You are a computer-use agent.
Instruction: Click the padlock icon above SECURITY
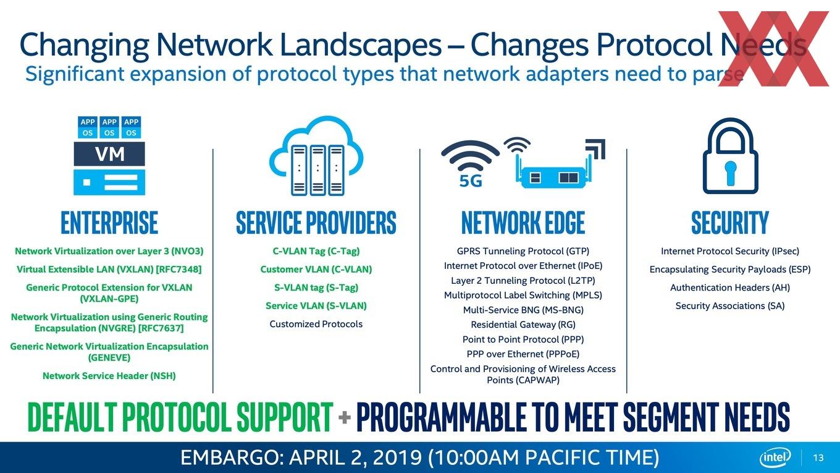click(730, 156)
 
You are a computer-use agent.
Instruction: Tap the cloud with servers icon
click(316, 156)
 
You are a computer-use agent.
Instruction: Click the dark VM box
click(109, 154)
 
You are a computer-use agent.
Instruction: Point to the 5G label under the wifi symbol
click(471, 181)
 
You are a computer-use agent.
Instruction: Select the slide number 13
click(818, 458)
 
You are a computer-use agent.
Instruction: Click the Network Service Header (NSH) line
click(109, 376)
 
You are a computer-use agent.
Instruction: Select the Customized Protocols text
click(316, 324)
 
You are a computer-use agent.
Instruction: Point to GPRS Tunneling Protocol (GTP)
click(523, 251)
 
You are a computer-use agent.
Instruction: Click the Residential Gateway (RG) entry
click(523, 325)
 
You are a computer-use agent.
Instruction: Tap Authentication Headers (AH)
click(730, 288)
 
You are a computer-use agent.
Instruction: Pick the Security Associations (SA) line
click(730, 306)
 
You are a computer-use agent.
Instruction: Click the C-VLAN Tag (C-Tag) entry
click(316, 251)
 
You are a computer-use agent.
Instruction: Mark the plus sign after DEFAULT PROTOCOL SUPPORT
click(344, 417)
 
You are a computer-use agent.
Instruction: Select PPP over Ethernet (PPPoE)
click(523, 354)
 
